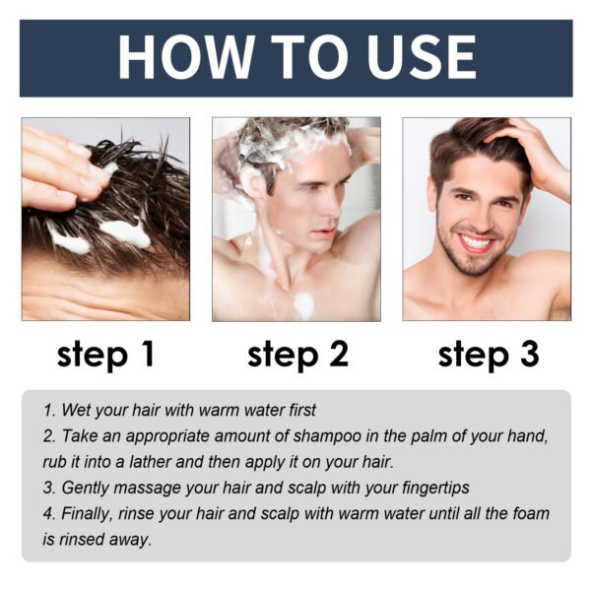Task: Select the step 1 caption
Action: (105, 355)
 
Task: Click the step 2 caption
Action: (297, 355)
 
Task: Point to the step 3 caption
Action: (489, 355)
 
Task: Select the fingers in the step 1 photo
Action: (59, 163)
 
